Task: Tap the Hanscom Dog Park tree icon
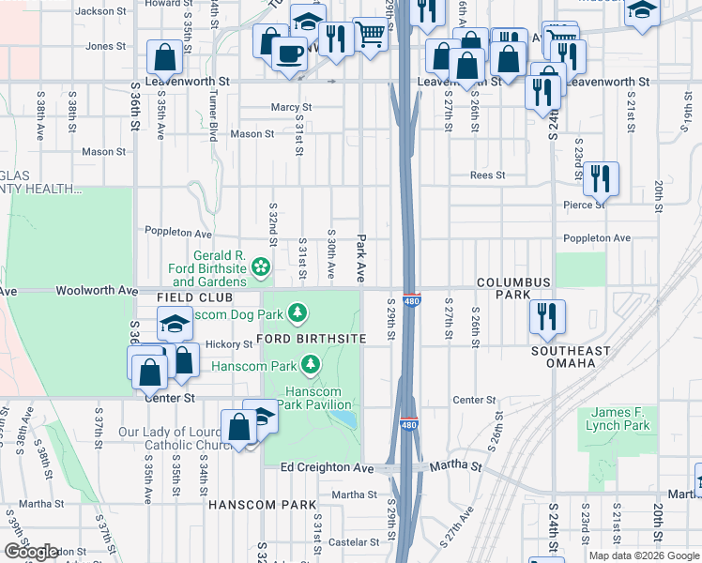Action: [298, 311]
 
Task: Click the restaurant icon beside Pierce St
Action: [601, 178]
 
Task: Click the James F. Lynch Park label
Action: [621, 419]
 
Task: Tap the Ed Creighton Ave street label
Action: [327, 467]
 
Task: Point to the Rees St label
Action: [488, 175]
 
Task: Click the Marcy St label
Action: [291, 108]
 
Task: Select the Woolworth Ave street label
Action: [97, 291]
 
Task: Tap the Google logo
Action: [30, 552]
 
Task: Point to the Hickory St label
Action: [230, 343]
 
